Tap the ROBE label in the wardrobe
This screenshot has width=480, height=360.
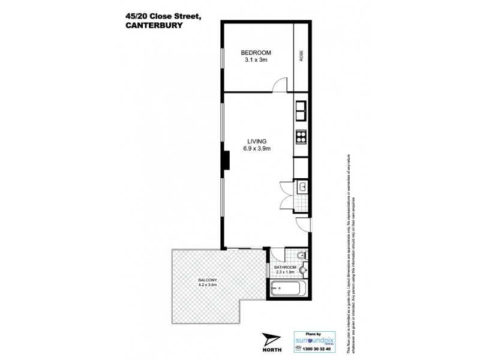[x=301, y=56]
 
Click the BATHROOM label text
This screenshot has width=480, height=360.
[x=286, y=267]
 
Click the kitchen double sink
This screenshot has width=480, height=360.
[x=301, y=110]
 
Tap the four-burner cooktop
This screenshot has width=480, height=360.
[x=301, y=136]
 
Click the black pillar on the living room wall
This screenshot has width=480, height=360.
[x=226, y=160]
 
